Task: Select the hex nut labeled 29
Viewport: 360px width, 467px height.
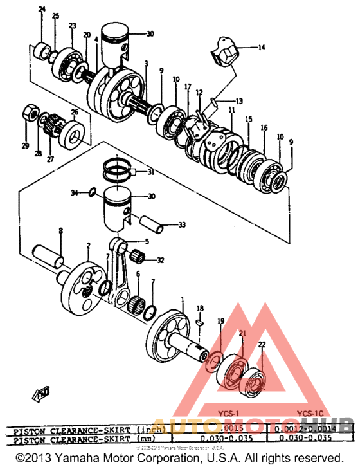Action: tap(30, 113)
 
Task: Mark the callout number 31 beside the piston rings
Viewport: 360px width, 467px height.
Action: tap(150, 172)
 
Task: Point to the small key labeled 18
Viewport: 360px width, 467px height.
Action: tap(199, 318)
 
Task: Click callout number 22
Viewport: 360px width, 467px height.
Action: tap(262, 345)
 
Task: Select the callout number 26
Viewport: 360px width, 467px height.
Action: tap(75, 112)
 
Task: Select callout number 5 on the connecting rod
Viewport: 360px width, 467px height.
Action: tap(146, 241)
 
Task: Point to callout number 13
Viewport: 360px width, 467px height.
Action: tap(239, 101)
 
